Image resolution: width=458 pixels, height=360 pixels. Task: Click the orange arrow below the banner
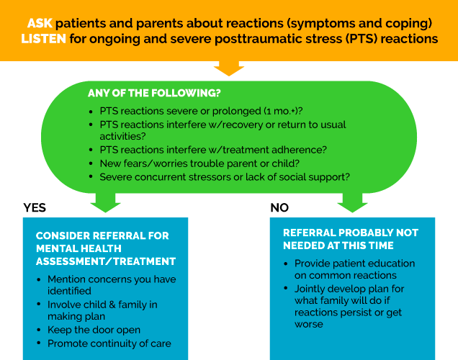point(229,68)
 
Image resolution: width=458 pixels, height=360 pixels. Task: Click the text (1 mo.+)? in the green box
point(281,112)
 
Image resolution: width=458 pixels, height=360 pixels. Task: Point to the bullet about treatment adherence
point(213,149)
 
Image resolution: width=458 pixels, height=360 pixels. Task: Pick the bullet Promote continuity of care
point(109,343)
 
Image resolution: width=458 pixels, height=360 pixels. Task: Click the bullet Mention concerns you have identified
point(112,285)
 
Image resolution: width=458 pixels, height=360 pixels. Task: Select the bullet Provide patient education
point(354,269)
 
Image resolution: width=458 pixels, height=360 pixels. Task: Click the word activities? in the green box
point(123,135)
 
